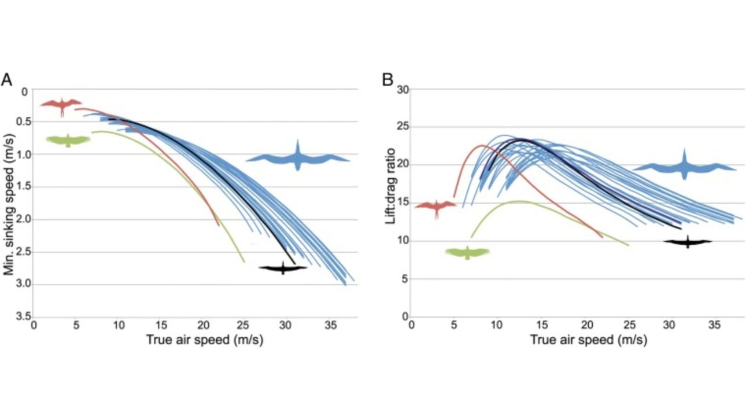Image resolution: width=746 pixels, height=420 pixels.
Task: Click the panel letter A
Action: [6, 80]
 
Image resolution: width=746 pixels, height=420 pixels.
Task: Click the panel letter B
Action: [388, 80]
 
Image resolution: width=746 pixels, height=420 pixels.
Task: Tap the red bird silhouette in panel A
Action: [61, 105]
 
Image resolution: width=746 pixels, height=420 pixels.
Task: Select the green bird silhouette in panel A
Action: [68, 140]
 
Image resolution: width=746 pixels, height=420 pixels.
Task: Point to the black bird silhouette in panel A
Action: [283, 267]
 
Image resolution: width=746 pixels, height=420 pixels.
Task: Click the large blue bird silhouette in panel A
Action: [298, 157]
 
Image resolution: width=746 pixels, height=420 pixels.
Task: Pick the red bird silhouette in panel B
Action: [435, 207]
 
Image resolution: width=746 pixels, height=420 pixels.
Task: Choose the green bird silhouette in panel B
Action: [467, 252]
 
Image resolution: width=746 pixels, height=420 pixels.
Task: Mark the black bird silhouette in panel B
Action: [688, 241]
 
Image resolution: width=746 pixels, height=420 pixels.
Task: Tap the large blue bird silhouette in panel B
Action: [684, 167]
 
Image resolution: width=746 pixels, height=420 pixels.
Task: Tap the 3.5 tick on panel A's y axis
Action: [24, 316]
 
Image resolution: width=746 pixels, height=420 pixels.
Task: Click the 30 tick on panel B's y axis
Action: [402, 89]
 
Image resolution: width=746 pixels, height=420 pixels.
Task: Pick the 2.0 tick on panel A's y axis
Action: [24, 219]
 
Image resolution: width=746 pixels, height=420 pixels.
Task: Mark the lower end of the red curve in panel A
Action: [219, 225]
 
